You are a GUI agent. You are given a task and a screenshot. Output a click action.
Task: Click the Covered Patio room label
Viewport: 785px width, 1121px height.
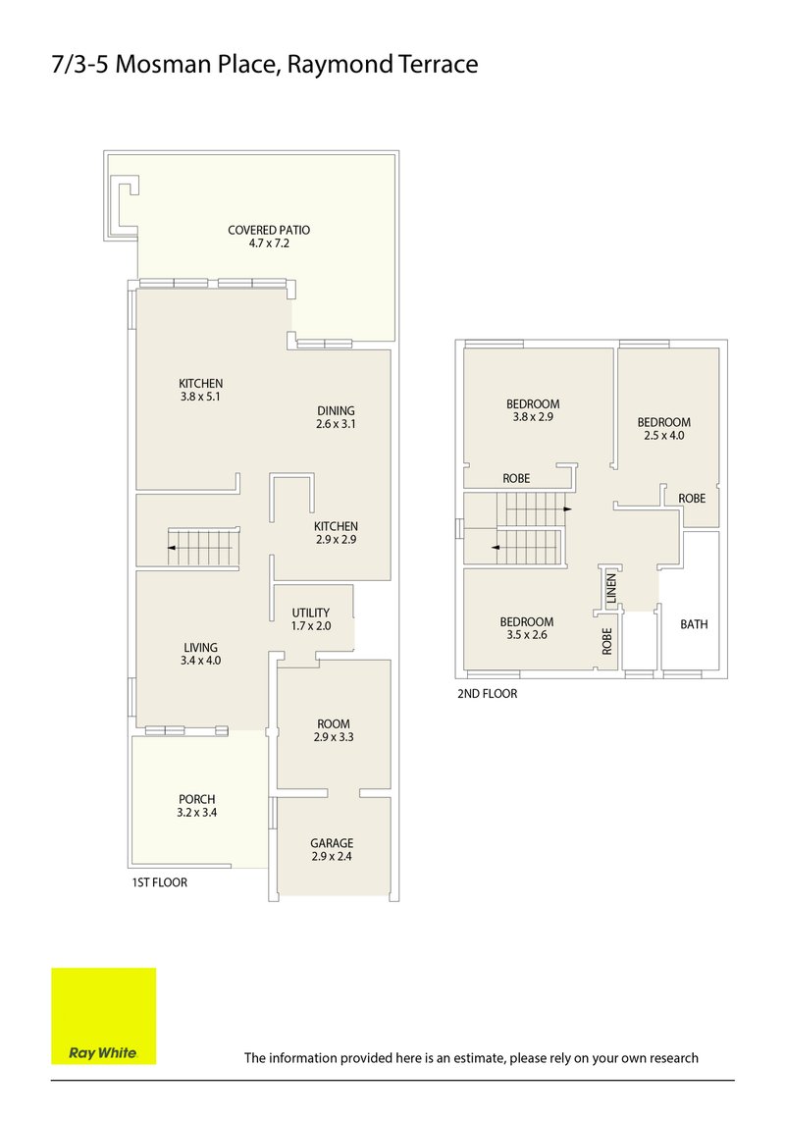[x=269, y=230]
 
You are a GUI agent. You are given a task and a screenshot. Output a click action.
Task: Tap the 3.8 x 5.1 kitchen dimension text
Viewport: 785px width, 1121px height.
[x=201, y=398]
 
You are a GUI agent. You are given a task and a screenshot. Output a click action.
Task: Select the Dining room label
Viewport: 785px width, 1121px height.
[x=336, y=410]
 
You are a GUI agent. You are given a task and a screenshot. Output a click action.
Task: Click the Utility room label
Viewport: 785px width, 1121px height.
[x=310, y=613]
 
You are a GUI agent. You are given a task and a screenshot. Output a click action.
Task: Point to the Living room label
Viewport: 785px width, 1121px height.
[x=200, y=647]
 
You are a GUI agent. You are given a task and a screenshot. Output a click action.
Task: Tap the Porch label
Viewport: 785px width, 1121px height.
[x=196, y=799]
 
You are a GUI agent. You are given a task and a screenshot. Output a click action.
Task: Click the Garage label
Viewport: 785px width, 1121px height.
[x=332, y=842]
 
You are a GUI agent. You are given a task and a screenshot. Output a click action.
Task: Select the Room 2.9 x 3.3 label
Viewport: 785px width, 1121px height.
[x=332, y=723]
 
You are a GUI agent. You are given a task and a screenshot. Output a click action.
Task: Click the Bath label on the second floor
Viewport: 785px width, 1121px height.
[x=694, y=624]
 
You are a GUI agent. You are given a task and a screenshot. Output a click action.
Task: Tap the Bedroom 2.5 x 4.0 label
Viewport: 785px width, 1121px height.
[x=663, y=422]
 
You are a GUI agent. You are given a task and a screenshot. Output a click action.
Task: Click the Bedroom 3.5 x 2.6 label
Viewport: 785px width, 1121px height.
[x=526, y=621]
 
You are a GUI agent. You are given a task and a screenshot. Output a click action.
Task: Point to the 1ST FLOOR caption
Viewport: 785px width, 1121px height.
[x=159, y=882]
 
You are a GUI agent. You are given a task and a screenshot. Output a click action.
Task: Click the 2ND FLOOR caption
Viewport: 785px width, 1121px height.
[x=487, y=693]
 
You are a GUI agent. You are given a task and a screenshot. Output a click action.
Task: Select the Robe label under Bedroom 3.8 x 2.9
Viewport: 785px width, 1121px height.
[x=516, y=479]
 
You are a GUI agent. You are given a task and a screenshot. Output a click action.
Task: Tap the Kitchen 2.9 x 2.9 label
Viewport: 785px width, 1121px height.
[x=336, y=526]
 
